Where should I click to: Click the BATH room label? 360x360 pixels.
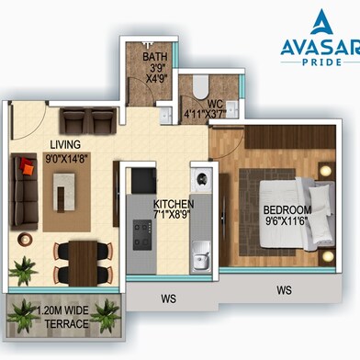point(155,57)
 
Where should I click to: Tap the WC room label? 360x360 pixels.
point(215,104)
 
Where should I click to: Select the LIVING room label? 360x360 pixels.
point(65,144)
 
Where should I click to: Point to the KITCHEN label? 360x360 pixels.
point(174,204)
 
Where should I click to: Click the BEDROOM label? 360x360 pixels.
point(287,210)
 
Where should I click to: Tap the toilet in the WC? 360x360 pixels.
point(201,86)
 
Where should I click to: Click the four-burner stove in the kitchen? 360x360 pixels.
point(142,234)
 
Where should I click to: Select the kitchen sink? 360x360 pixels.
point(200,257)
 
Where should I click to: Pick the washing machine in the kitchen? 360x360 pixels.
point(201,178)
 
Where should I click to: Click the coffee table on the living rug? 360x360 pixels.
point(63,192)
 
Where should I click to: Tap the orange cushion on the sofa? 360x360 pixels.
point(28,169)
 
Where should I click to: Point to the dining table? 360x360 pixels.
point(83,264)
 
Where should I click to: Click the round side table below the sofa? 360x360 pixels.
point(25,239)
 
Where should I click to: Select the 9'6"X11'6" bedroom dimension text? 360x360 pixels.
point(286,221)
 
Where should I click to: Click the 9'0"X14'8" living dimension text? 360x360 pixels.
point(67,159)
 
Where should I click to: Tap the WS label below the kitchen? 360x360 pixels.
point(169,298)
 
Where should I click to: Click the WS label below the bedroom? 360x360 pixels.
point(284,290)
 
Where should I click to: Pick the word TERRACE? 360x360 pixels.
point(67,323)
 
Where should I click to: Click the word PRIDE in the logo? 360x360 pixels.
point(321,62)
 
